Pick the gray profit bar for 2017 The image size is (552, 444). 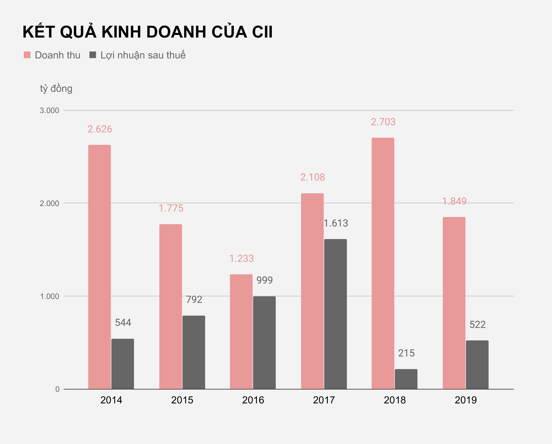coord(335,314)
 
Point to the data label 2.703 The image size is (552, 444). coord(383,122)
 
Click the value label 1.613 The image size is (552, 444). coord(336,223)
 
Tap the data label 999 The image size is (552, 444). coord(264,280)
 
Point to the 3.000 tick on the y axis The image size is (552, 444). coord(49,111)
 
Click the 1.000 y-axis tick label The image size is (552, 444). coord(49,296)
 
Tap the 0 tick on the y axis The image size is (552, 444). coord(57,389)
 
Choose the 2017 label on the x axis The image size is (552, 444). coord(324,400)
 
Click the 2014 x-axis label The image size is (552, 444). coord(111,400)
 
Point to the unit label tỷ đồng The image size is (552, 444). coord(56,88)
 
